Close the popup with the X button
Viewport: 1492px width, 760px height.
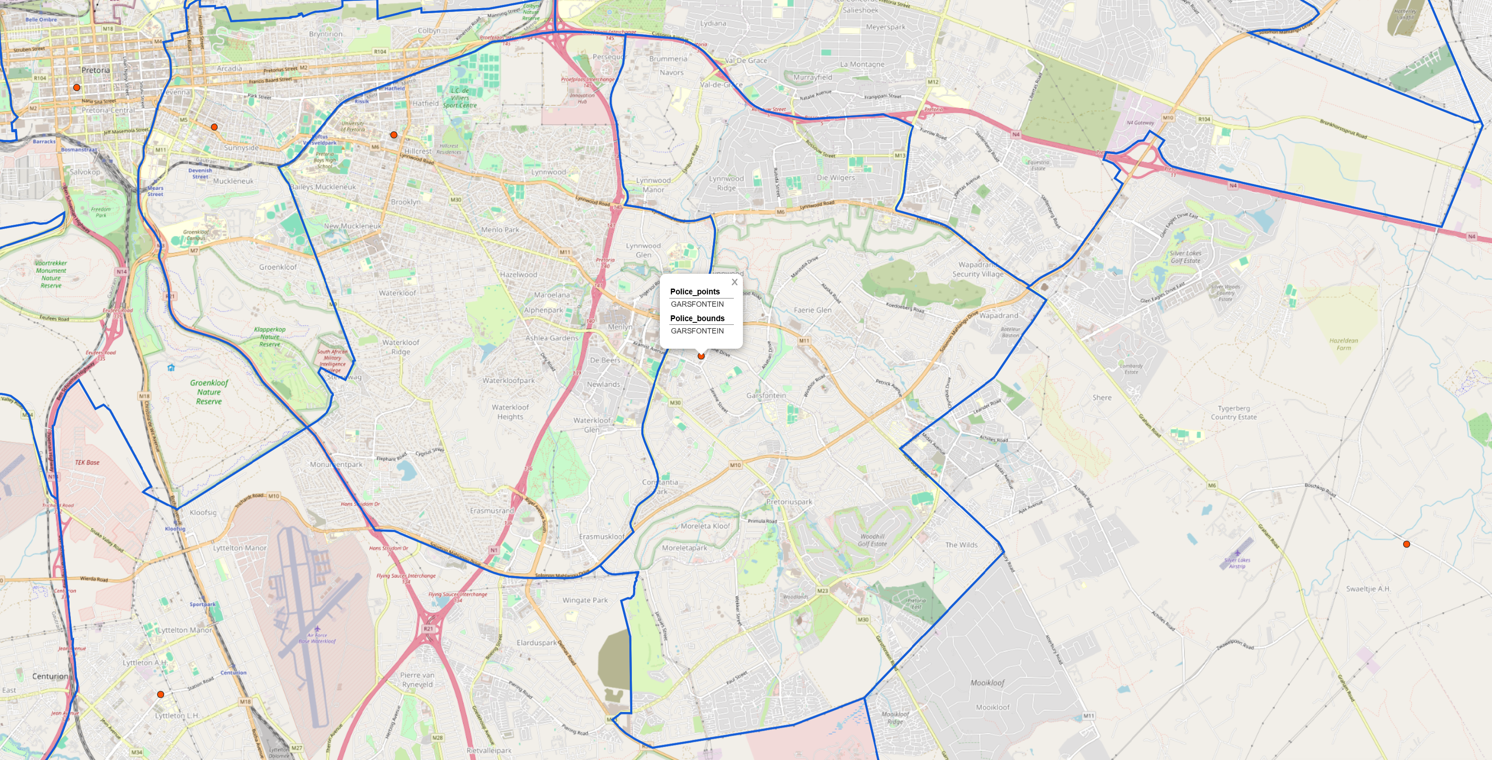click(734, 282)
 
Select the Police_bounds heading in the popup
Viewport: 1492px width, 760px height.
click(697, 318)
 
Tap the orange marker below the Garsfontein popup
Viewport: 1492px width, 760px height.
click(701, 356)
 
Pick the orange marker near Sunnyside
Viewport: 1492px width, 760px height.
click(214, 127)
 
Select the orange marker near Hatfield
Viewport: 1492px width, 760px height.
click(394, 135)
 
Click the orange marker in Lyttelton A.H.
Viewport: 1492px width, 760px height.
click(160, 694)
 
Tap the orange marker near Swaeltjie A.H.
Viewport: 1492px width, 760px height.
click(1406, 544)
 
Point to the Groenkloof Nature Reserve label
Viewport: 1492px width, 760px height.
click(209, 392)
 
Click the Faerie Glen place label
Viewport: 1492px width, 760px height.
click(812, 310)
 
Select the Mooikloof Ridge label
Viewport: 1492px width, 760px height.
click(895, 718)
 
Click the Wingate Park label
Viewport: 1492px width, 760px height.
click(585, 600)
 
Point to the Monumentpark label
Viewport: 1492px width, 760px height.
click(336, 464)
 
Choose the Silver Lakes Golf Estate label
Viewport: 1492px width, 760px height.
click(1185, 257)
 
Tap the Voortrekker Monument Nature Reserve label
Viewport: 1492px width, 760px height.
click(51, 274)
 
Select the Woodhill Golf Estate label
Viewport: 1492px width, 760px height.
click(872, 540)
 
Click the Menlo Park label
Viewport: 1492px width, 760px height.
click(500, 230)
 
